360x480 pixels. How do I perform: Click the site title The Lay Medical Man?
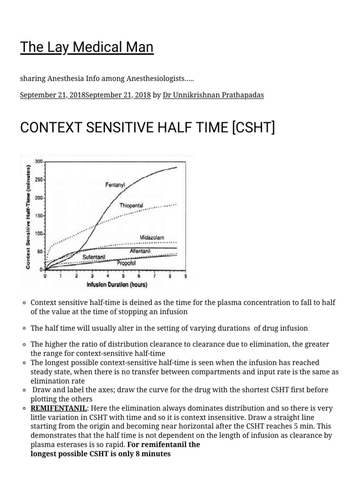87,47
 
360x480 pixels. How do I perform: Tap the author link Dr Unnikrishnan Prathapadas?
213,95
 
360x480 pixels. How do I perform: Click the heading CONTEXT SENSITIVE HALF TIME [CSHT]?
147,127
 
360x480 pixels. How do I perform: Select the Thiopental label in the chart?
131,206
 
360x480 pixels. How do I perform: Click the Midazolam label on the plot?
152,238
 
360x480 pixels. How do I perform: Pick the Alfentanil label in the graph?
140,251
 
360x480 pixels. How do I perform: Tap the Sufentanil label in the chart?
94,257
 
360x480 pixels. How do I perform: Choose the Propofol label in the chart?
126,263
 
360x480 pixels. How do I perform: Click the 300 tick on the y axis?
38,161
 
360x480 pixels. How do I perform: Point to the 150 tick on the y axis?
38,216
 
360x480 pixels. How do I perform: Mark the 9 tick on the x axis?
186,276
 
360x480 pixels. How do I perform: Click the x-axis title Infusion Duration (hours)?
117,285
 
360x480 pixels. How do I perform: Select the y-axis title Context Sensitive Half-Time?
29,217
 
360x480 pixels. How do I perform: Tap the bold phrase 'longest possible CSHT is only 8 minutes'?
100,453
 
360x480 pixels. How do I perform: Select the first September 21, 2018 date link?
52,95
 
